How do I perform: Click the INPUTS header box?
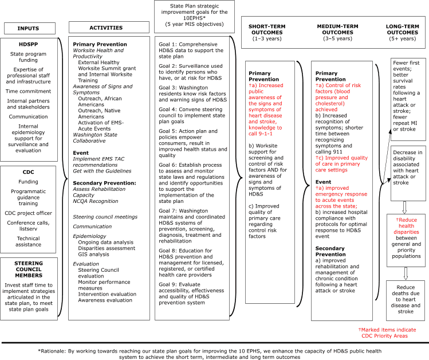pyautogui.click(x=28, y=28)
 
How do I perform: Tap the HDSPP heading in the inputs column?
pyautogui.click(x=27, y=44)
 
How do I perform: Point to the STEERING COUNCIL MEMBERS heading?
pyautogui.click(x=28, y=269)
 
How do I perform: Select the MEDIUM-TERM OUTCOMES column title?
pyautogui.click(x=339, y=32)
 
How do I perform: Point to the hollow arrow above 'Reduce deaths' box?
pyautogui.click(x=404, y=273)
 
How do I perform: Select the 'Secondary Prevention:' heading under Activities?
pyautogui.click(x=104, y=183)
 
